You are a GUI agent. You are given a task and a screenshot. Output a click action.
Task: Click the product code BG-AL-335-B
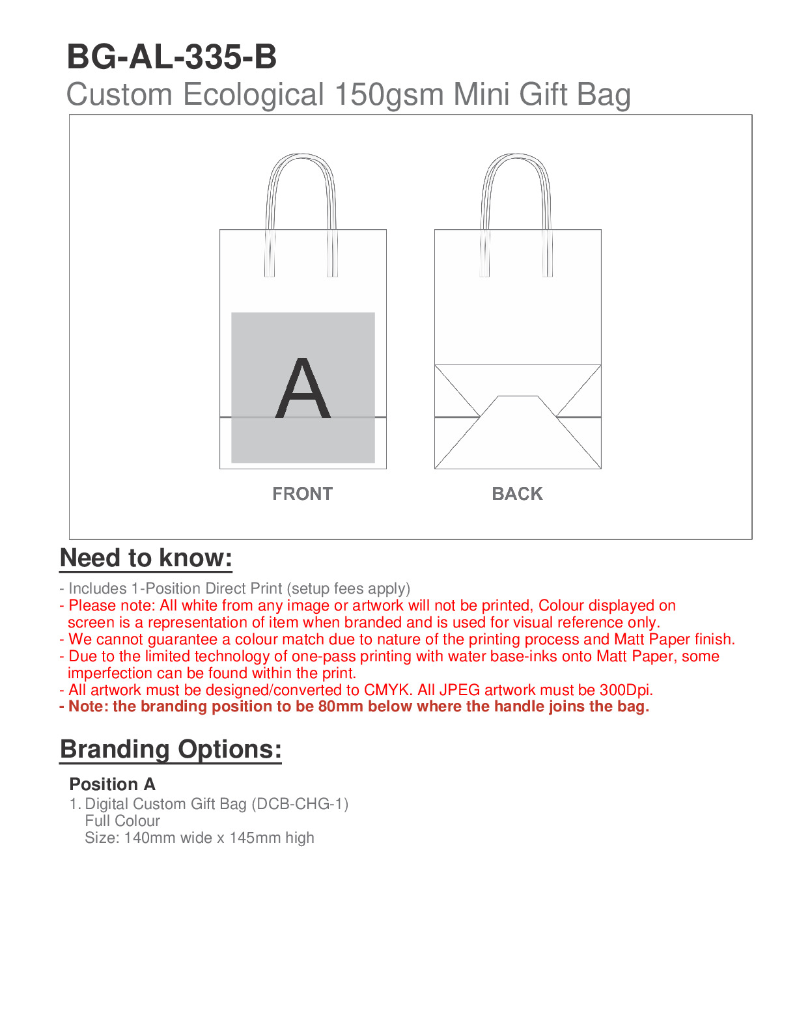pos(172,57)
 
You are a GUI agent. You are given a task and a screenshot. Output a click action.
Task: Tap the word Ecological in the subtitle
pos(253,95)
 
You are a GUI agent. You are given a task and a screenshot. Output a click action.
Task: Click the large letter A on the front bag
pos(303,389)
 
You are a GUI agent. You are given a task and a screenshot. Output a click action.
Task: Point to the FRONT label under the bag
pos(303,494)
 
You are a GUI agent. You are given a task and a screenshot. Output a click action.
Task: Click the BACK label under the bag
pos(517,494)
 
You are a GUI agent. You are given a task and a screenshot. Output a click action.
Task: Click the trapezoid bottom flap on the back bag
pos(518,430)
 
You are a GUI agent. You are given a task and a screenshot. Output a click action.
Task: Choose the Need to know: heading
pos(146,558)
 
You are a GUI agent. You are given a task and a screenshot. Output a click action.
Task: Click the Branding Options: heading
pos(171,749)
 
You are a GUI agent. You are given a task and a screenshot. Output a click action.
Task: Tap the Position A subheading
pos(112,784)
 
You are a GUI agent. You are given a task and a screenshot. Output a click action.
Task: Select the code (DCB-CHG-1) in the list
pos(300,804)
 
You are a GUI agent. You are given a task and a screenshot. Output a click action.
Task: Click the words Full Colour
pos(122,821)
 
